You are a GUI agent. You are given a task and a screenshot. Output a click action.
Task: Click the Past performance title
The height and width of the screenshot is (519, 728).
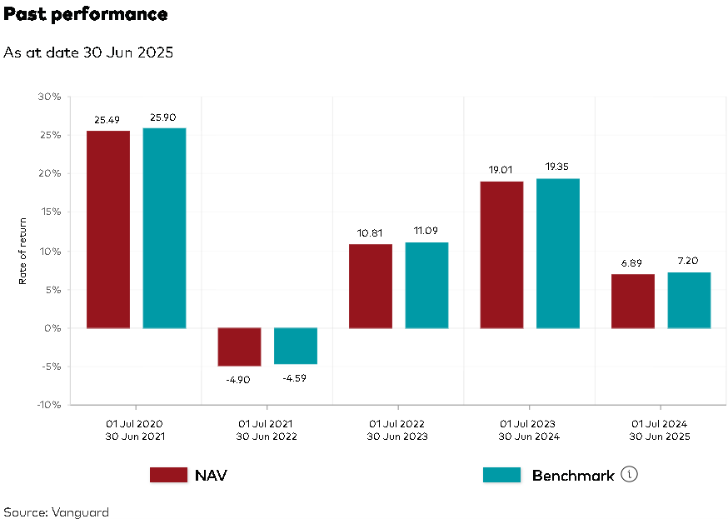click(85, 14)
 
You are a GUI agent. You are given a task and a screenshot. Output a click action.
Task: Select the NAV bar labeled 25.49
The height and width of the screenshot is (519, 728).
click(108, 229)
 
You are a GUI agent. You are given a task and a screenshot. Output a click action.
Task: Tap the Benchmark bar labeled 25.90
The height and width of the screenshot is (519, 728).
click(164, 227)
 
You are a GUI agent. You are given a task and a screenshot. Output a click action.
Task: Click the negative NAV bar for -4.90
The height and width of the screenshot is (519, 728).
click(239, 347)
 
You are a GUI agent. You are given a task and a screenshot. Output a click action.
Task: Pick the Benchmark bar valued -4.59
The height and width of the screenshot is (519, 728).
click(296, 346)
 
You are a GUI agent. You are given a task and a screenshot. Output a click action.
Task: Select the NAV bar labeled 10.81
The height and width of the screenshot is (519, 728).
click(371, 286)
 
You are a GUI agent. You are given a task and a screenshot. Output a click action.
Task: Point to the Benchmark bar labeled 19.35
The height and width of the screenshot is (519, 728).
click(558, 253)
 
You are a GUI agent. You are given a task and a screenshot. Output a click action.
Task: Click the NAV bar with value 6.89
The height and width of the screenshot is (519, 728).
click(633, 301)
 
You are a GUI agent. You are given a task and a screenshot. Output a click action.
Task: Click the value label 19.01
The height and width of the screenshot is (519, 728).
click(501, 170)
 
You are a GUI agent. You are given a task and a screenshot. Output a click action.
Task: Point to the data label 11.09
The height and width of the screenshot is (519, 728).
click(426, 231)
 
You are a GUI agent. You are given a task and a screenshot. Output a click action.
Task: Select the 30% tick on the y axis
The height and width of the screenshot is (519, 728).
click(50, 97)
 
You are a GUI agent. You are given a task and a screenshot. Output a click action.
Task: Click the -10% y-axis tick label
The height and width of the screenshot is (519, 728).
click(48, 405)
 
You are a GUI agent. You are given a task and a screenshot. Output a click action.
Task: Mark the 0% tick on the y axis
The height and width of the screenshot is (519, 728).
click(52, 328)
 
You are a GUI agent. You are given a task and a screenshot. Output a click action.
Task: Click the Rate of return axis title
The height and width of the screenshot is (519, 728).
click(22, 251)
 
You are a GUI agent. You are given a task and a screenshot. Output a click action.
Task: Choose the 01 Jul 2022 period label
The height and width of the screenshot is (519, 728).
click(397, 423)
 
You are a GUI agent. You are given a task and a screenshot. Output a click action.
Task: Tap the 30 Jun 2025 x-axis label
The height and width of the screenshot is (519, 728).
click(660, 437)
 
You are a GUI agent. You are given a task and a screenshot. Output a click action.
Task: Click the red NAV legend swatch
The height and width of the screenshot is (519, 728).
click(168, 475)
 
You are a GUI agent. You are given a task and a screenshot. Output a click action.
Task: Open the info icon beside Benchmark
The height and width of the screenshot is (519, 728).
click(630, 475)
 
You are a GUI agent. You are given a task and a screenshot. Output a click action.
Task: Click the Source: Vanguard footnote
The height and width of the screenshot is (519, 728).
click(56, 512)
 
